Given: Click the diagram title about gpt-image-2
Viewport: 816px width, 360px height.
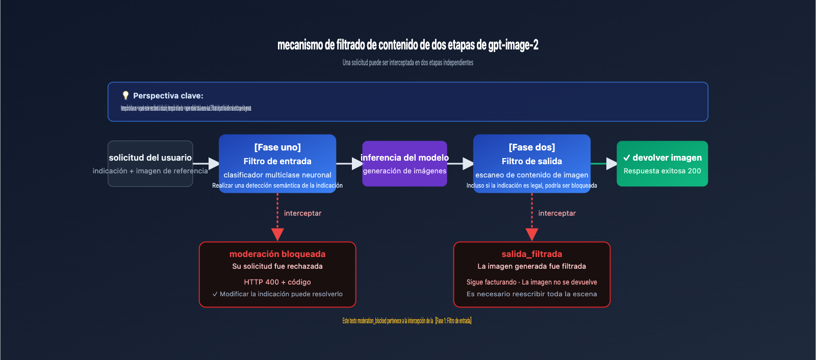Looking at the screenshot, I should click(407, 45).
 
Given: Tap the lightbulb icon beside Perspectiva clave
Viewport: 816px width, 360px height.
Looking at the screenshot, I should click(125, 95).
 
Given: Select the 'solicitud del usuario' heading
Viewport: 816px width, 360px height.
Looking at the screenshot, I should click(150, 158).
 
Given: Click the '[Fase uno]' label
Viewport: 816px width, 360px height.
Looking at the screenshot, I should click(277, 147).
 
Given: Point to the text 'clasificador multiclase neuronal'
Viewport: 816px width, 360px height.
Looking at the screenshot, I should click(277, 175).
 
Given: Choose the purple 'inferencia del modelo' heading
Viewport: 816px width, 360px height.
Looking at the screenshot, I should click(404, 158).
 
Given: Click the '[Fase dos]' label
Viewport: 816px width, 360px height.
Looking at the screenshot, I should click(532, 147).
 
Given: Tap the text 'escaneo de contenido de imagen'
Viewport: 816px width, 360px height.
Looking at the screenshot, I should click(532, 175).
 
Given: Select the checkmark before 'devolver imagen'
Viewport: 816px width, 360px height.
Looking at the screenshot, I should click(626, 158).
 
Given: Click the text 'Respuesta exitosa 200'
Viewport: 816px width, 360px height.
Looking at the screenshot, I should click(662, 171).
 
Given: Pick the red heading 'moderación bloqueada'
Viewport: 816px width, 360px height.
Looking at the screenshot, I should click(277, 254).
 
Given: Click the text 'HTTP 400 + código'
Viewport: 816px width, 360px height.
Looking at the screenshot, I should click(277, 282).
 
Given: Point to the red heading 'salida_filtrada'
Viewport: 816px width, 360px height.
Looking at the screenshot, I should click(532, 254).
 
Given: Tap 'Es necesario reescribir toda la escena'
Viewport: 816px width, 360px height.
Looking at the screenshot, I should click(532, 294).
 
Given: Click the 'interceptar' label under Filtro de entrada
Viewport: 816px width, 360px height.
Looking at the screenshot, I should click(302, 213).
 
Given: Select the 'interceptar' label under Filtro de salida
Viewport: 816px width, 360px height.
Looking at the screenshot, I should click(557, 213).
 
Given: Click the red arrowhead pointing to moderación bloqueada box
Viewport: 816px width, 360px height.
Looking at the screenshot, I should click(277, 235).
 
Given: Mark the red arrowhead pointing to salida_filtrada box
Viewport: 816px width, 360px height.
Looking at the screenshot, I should click(532, 235).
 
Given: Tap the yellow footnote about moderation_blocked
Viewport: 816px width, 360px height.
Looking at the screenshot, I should click(407, 321).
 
